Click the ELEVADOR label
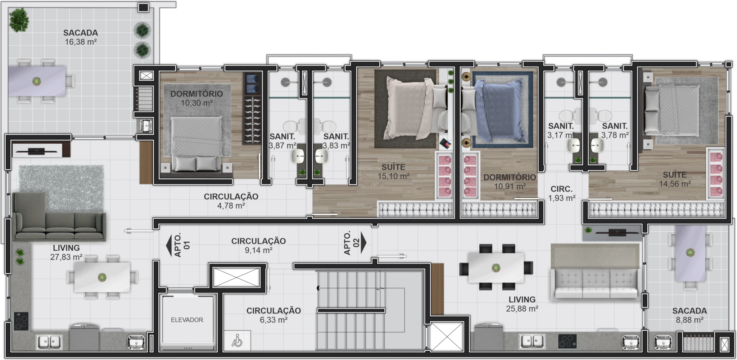(x=187, y=320)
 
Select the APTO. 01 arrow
(x=169, y=246)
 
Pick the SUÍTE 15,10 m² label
(x=393, y=171)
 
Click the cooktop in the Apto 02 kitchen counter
(x=568, y=341)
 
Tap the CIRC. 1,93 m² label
(x=561, y=193)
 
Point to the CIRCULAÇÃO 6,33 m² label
(x=273, y=315)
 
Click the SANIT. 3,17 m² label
(x=561, y=130)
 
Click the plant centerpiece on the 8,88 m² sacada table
(x=690, y=253)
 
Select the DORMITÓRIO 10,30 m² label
(x=196, y=98)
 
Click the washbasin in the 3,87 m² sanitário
(x=298, y=156)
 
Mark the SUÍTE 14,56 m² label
(x=675, y=179)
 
